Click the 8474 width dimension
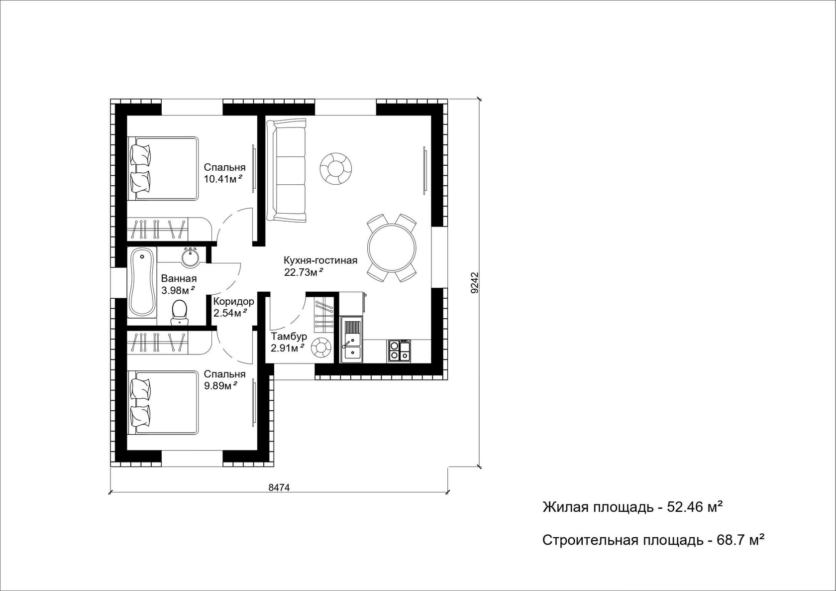(x=279, y=487)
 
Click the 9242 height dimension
(x=474, y=283)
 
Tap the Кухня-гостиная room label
(x=320, y=260)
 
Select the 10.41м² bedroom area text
(x=223, y=179)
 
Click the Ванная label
(x=179, y=278)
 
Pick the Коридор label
(x=234, y=301)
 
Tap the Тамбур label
(x=289, y=337)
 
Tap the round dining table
(x=392, y=247)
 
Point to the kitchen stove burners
(x=399, y=350)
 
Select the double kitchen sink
(x=351, y=340)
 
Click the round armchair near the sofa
(x=335, y=169)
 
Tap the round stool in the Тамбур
(x=321, y=348)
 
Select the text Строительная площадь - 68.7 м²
(x=653, y=540)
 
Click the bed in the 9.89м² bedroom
(x=163, y=402)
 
